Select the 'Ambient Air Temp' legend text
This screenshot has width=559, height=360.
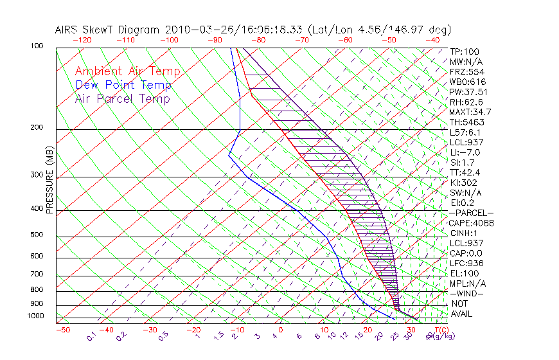point(127,71)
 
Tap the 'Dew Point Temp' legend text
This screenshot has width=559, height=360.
point(123,85)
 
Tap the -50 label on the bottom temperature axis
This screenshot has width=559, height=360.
point(62,330)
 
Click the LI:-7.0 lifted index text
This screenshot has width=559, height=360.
point(465,152)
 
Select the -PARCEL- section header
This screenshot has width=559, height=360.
point(471,213)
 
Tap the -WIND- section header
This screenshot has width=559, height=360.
point(467,293)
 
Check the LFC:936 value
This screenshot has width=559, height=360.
point(465,263)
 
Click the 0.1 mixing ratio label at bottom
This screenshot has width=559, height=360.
point(92,335)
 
